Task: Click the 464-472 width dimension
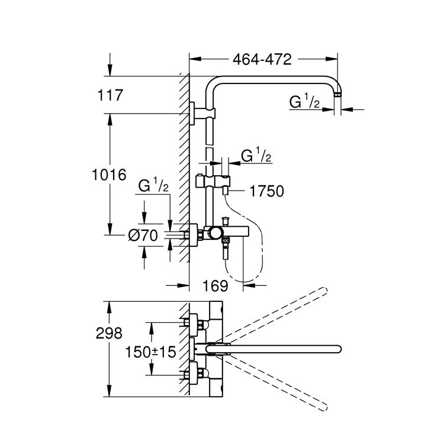263,59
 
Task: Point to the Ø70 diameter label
143,236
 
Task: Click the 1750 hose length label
267,191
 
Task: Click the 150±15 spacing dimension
151,352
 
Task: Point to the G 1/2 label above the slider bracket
256,156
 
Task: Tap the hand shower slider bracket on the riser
212,179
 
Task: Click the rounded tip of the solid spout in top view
338,349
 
